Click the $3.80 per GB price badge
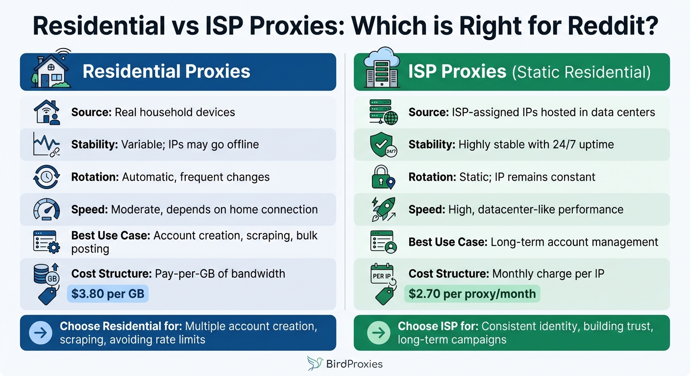[108, 294]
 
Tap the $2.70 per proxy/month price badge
[472, 294]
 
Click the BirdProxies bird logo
[315, 363]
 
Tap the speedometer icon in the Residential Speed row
[46, 210]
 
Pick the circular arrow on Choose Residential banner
[41, 333]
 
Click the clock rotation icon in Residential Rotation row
[46, 177]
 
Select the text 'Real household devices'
[174, 112]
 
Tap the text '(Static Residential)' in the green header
[581, 72]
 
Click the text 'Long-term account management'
[574, 242]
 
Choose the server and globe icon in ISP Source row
[383, 112]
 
